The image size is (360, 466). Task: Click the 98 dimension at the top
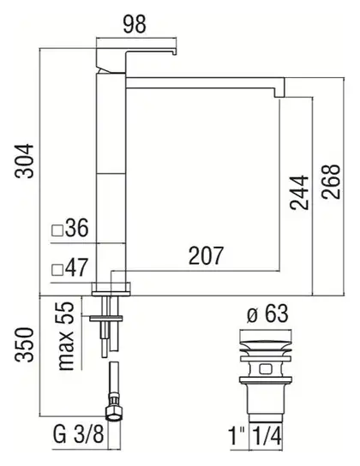(135, 24)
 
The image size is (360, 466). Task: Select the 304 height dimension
(24, 161)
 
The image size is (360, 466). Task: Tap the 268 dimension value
(331, 182)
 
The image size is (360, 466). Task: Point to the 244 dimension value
(300, 192)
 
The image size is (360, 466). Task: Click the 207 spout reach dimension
(206, 255)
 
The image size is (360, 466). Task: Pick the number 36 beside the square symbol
(76, 228)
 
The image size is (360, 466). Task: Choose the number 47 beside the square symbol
(76, 267)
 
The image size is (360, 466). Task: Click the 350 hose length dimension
(24, 344)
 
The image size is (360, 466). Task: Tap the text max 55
(66, 336)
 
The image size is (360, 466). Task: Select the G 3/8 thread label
(79, 434)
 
